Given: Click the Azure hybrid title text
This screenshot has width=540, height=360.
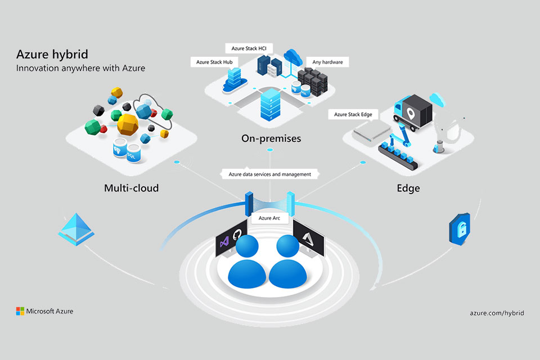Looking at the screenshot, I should pyautogui.click(x=52, y=55).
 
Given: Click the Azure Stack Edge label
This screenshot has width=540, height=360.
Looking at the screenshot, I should pyautogui.click(x=353, y=115).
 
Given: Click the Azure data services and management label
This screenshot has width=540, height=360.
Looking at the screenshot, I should pyautogui.click(x=269, y=174).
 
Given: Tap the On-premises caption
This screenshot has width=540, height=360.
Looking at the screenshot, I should pyautogui.click(x=271, y=138).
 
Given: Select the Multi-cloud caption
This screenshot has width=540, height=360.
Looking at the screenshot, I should pyautogui.click(x=131, y=188).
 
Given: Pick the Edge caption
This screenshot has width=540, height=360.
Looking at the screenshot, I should pyautogui.click(x=408, y=188).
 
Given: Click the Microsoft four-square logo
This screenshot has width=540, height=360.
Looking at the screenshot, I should pyautogui.click(x=20, y=311).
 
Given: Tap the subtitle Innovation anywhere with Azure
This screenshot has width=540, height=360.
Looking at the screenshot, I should pyautogui.click(x=80, y=68).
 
